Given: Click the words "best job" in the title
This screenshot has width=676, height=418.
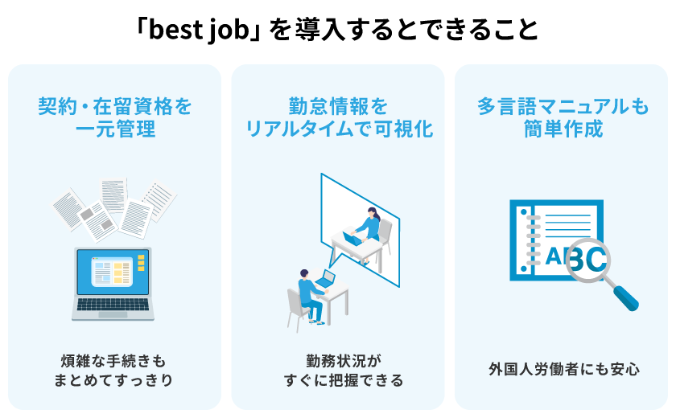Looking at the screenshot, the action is [200, 30].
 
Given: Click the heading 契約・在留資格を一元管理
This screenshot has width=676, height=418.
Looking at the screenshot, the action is [114, 118].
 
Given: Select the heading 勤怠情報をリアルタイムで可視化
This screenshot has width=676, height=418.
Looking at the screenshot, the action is [339, 118].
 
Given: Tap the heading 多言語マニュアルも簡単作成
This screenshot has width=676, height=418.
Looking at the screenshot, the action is [563, 118].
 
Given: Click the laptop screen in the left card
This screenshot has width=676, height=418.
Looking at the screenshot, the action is [113, 272].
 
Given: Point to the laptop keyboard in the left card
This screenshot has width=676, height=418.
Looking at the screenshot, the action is [113, 305].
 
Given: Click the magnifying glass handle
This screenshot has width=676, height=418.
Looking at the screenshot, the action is [625, 297].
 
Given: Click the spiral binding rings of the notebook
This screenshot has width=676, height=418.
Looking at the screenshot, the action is [534, 241].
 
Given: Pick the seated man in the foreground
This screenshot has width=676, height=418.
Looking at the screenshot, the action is [311, 296].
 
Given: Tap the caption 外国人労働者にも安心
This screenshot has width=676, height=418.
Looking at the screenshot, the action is [564, 369].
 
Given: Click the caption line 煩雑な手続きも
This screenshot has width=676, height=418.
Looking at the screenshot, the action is [113, 361].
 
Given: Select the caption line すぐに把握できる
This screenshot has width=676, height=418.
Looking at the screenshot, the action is [344, 380].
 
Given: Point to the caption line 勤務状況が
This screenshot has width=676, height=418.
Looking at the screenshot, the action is [344, 361].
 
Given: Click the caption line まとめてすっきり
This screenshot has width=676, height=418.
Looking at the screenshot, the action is [113, 380].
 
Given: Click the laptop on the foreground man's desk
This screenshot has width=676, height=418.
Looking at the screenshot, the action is [325, 279].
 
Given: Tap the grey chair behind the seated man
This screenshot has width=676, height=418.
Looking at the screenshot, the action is [296, 308].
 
